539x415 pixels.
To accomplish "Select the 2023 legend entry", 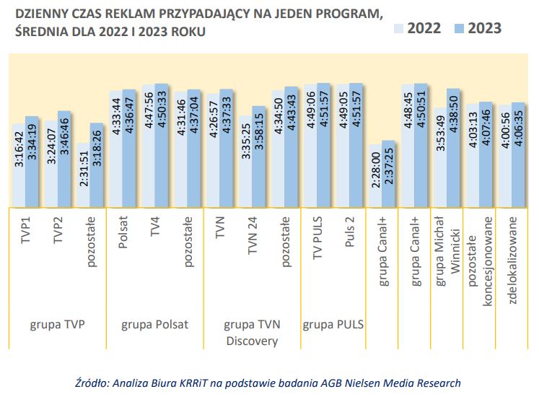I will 477,28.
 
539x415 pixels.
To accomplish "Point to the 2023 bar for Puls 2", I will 355,144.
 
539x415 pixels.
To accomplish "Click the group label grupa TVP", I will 58,324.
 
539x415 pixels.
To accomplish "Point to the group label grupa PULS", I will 333,324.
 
